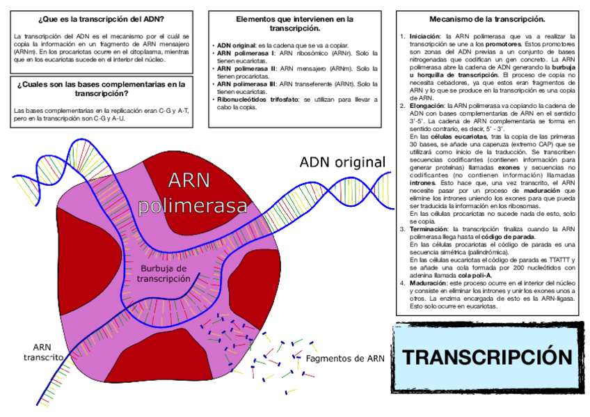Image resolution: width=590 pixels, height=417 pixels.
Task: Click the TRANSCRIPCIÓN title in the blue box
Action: click(488, 357)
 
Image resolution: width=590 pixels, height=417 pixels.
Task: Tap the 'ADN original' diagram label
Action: click(342, 162)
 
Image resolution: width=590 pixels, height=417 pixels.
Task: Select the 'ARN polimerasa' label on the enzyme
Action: click(193, 193)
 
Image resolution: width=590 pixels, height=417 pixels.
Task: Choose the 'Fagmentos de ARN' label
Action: click(345, 359)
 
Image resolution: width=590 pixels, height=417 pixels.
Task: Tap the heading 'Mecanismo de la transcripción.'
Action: click(487, 19)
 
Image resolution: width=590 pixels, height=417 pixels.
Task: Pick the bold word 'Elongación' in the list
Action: click(426, 106)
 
